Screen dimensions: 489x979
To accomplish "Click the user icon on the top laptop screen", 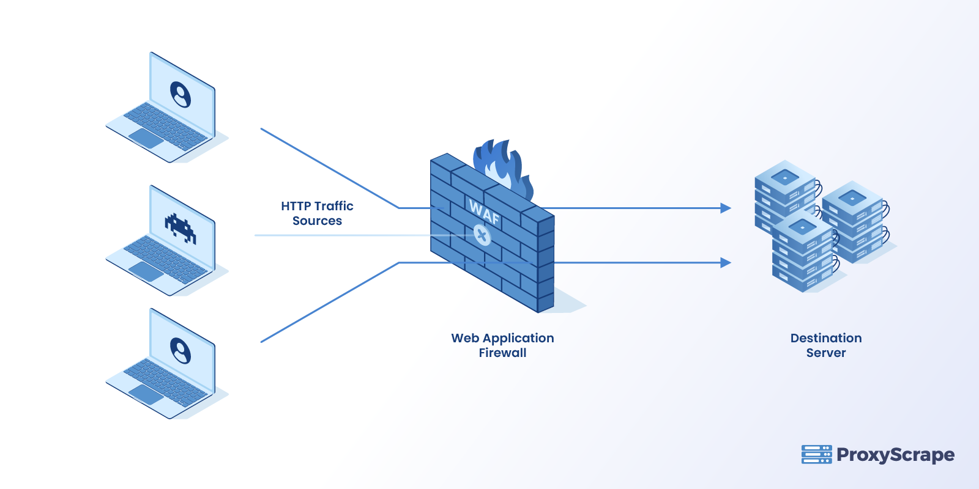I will [x=181, y=95].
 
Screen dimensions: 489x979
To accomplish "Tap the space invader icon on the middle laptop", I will [x=181, y=228].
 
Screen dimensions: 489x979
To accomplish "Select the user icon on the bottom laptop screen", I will [x=181, y=351].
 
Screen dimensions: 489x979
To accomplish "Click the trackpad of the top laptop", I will [x=146, y=139].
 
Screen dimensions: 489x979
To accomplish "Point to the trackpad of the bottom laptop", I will [x=146, y=395].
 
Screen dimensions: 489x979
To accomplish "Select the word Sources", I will [x=317, y=221].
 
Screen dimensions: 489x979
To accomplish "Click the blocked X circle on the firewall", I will [x=482, y=235].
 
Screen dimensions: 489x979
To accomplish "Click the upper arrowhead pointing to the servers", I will [x=726, y=208].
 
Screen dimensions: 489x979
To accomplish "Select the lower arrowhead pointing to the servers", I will [x=726, y=263].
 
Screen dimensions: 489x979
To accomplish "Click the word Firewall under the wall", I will [x=502, y=353].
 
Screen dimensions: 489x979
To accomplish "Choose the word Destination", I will [x=826, y=338].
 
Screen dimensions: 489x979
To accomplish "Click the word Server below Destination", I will [x=826, y=353].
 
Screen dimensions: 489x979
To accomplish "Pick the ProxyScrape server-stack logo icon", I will [x=816, y=454].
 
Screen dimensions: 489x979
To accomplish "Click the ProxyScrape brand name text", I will [x=895, y=454].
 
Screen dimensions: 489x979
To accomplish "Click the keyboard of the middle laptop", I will [x=165, y=257].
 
